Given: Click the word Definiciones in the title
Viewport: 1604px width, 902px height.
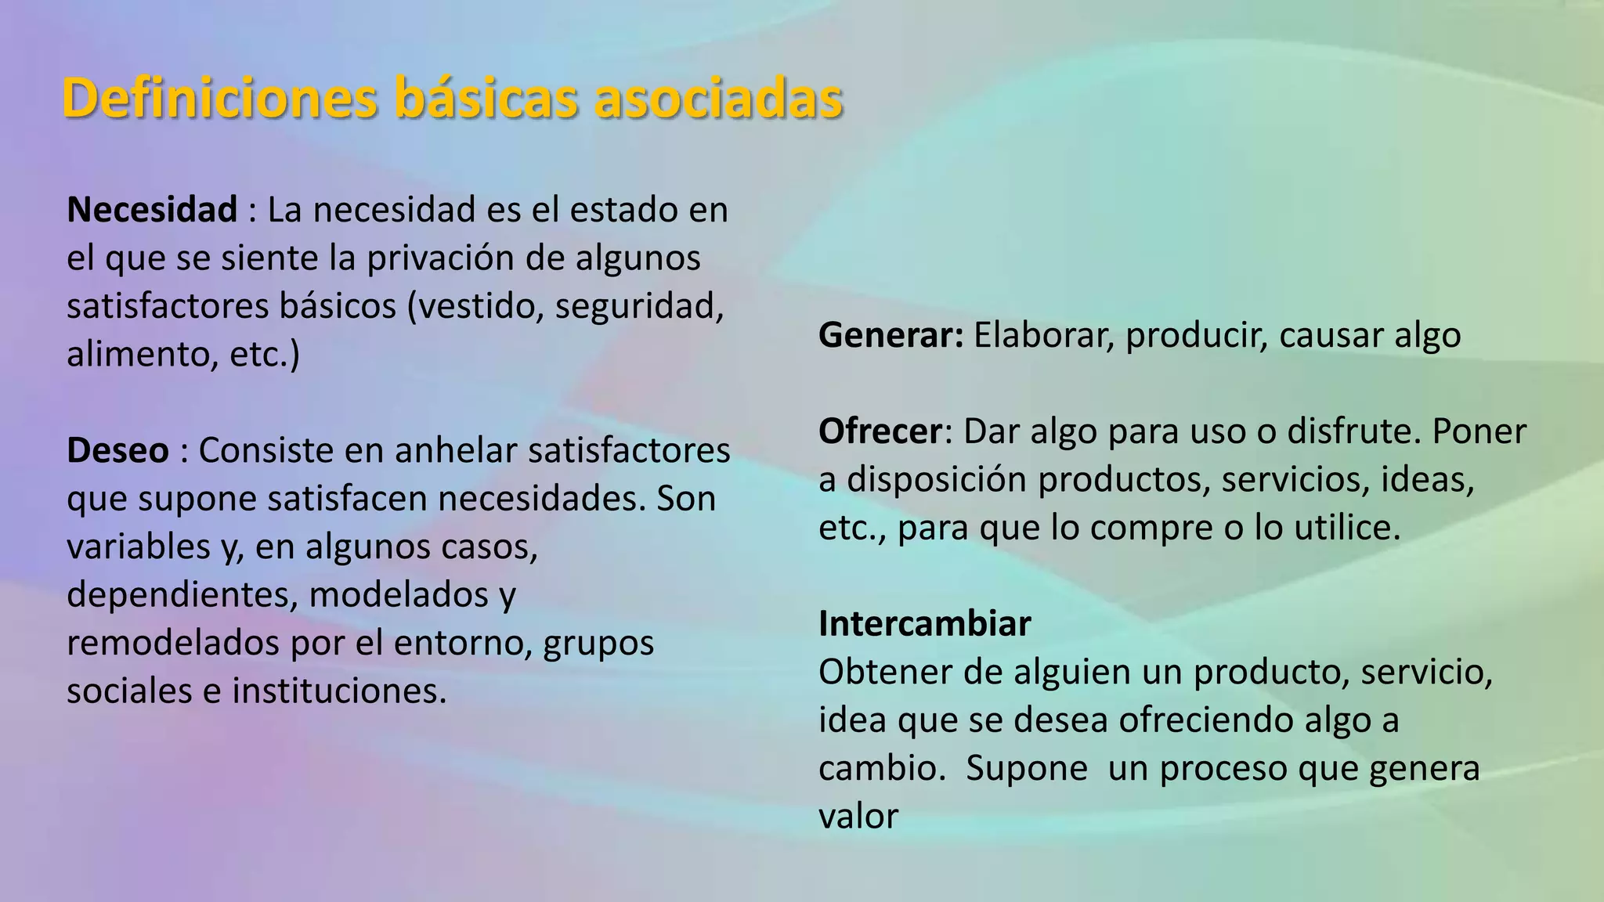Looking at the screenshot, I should click(x=220, y=99).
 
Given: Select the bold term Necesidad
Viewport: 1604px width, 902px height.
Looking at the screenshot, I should click(x=152, y=210).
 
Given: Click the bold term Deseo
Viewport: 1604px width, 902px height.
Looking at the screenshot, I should click(x=117, y=450).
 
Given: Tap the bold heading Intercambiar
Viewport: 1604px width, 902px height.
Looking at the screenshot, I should click(x=924, y=624).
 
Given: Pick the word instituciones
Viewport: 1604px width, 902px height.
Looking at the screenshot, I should click(x=338, y=691).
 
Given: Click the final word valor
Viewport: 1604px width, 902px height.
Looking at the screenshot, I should click(x=858, y=817).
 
